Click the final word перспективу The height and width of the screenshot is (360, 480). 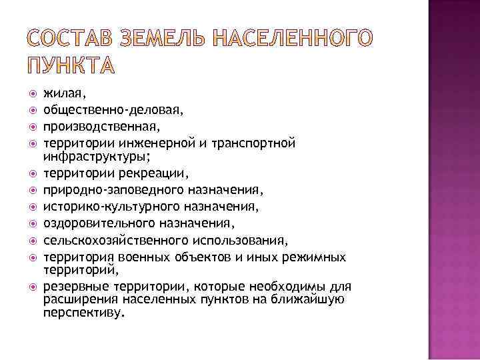[x=84, y=312]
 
